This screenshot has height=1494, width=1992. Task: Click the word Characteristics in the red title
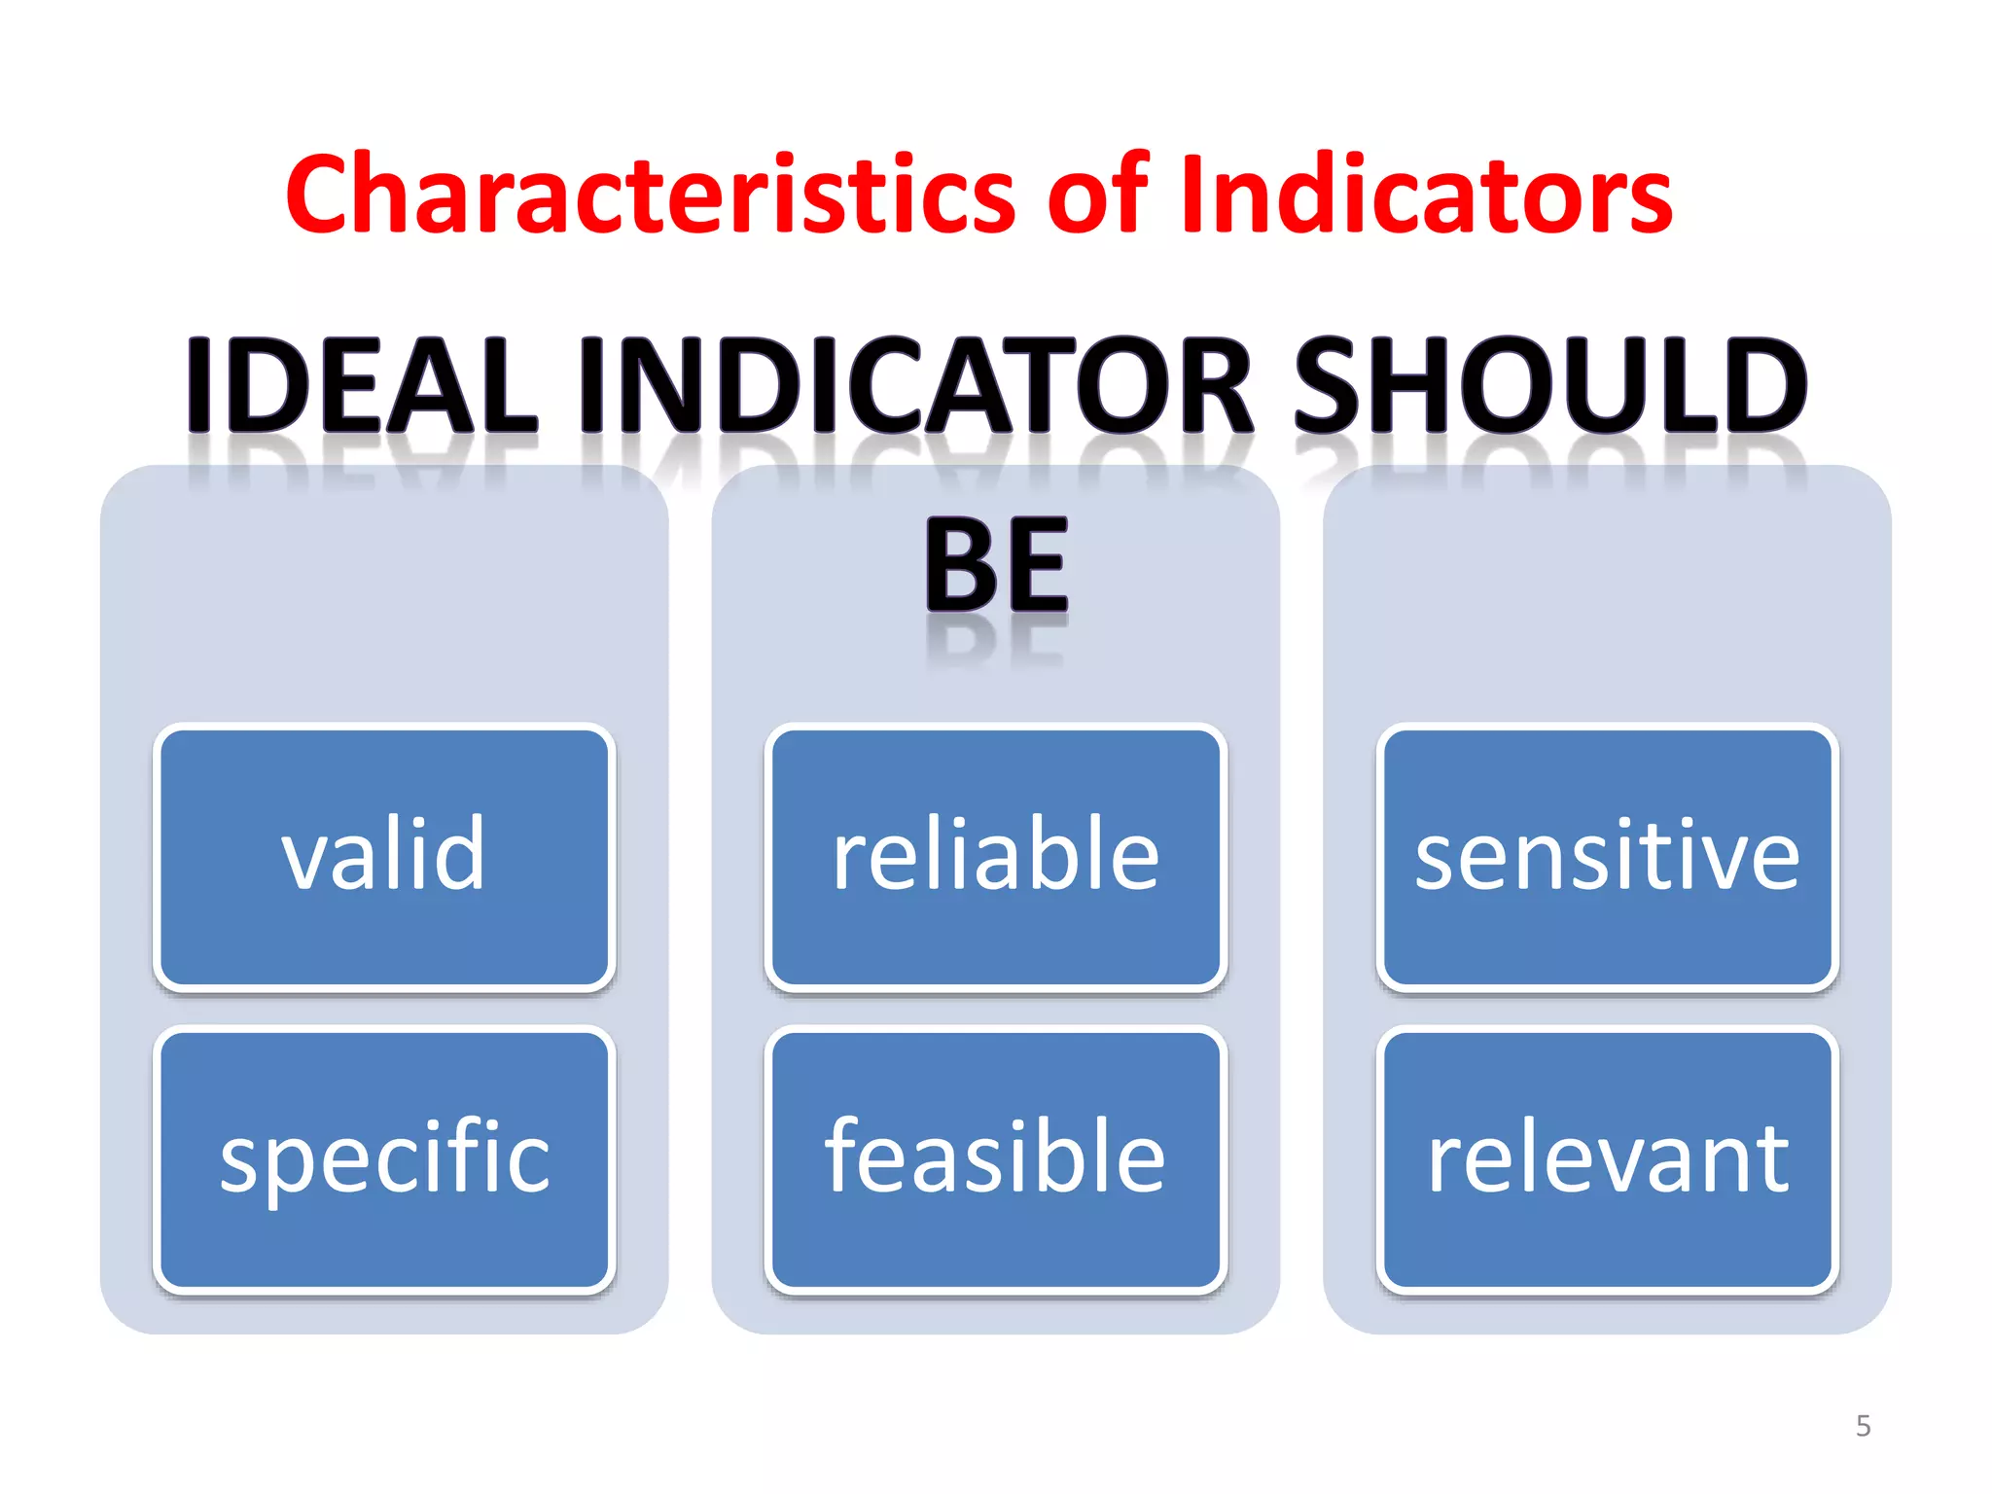coord(651,196)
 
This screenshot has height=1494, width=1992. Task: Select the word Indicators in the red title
coord(1426,196)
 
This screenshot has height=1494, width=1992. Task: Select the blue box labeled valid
coord(384,857)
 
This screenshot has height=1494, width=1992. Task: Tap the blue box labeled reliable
coord(996,857)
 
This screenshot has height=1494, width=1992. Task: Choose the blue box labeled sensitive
coord(1607,857)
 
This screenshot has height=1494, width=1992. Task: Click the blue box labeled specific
coord(384,1159)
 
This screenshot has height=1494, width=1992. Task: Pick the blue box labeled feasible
coord(996,1159)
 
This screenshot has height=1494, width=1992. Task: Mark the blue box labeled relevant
coord(1607,1159)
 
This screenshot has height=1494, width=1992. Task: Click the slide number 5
coord(1863,1426)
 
